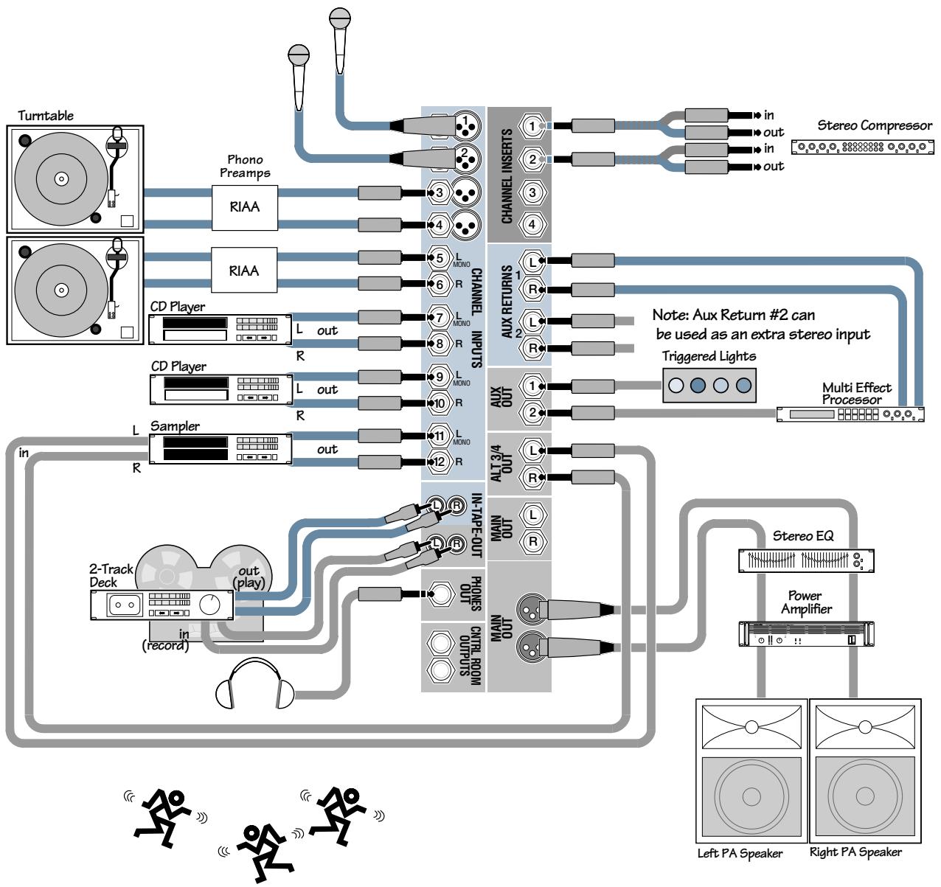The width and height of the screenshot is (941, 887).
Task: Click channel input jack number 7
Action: [x=439, y=318]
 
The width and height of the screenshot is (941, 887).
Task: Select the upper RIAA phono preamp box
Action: [x=244, y=206]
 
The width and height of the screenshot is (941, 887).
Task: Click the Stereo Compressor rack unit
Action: [x=861, y=147]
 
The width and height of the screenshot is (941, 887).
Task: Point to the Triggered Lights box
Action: [x=709, y=385]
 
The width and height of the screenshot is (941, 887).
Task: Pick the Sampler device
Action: [x=221, y=448]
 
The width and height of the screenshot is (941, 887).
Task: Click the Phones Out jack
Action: [x=441, y=593]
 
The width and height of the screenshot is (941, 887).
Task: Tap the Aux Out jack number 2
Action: [x=532, y=413]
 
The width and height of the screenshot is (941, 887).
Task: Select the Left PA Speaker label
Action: [x=740, y=853]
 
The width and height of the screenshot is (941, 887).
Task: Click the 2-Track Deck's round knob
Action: [x=210, y=605]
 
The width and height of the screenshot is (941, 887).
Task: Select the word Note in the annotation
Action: [x=670, y=315]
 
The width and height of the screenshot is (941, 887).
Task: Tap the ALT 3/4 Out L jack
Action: [x=532, y=450]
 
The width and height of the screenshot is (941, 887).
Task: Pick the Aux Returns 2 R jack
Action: [x=532, y=347]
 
